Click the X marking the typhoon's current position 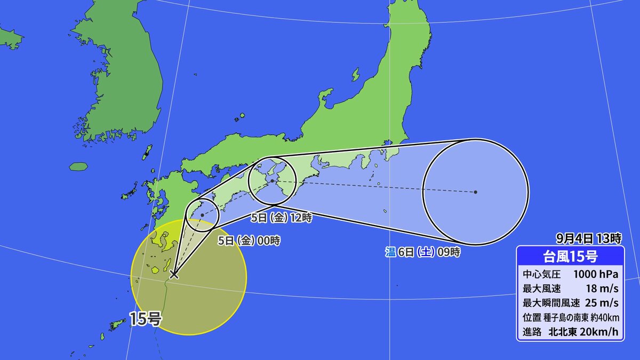pos(173,275)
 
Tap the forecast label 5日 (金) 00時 pos(249,241)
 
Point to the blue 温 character pos(390,252)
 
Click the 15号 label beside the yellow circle pos(146,319)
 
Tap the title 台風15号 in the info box pos(570,257)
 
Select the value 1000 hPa pos(596,275)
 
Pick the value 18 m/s pos(603,289)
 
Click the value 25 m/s pos(603,303)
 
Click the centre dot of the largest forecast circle pos(475,191)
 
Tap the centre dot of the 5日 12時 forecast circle pos(272,181)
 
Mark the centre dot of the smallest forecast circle pos(202,215)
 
